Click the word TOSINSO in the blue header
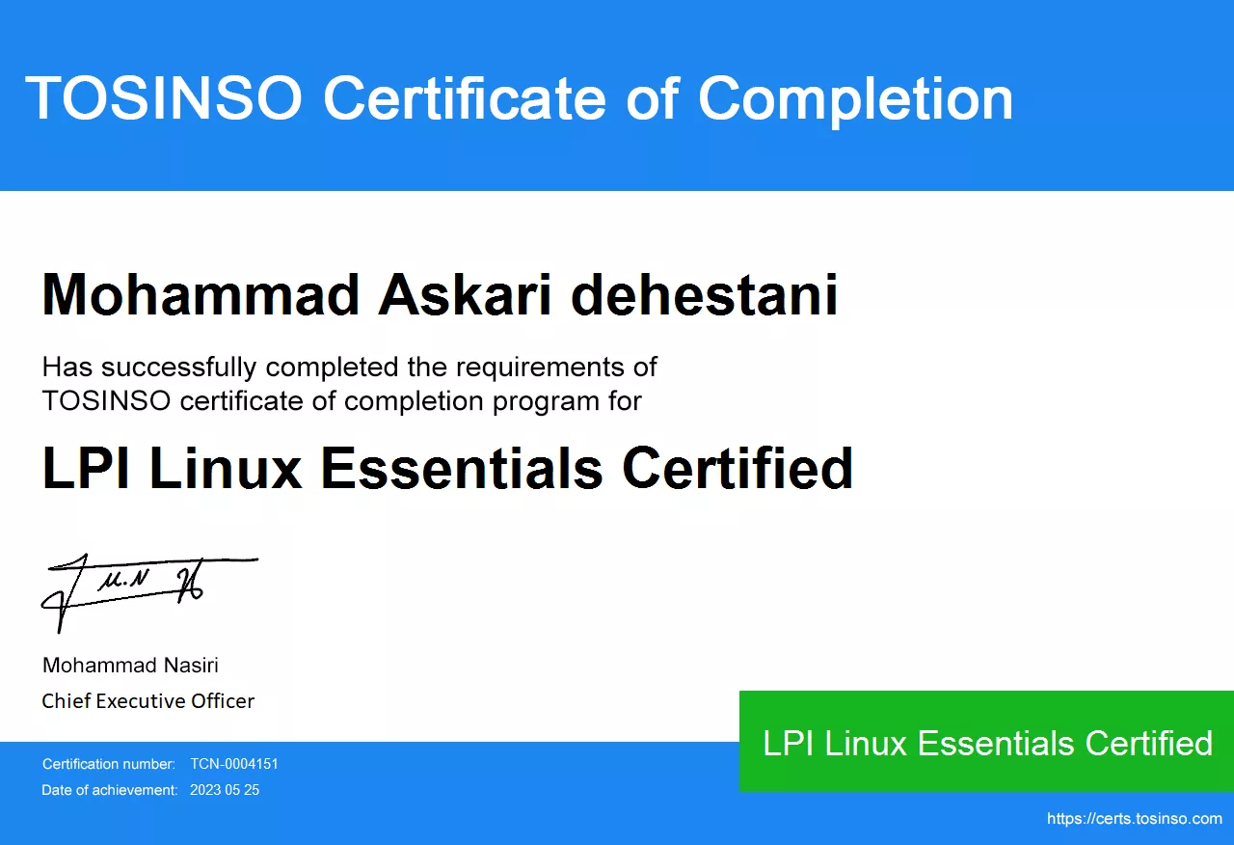(164, 97)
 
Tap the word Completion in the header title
(855, 101)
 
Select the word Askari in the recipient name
(465, 295)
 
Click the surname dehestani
(704, 295)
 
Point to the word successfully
(179, 368)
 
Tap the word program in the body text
(546, 402)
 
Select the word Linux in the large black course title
(226, 468)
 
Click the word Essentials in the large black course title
(462, 468)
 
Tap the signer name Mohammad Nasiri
(130, 666)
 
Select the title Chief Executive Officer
(148, 701)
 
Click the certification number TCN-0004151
(234, 764)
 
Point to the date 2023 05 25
(225, 790)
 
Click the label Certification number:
(109, 764)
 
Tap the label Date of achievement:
(110, 790)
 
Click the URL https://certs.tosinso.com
(1135, 819)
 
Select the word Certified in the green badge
(1148, 743)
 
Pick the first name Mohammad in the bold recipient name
(201, 295)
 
